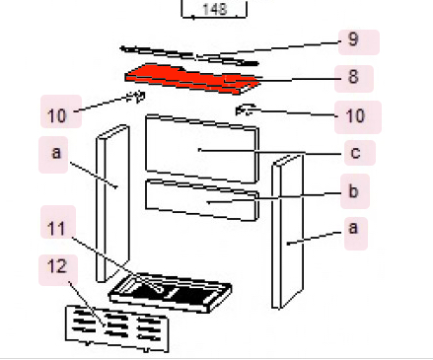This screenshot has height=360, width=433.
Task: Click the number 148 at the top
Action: coord(215,9)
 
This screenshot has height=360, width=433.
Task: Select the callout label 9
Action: coord(359,42)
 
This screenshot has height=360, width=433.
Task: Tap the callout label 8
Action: coord(354,79)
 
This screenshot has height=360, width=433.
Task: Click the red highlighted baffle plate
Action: coord(192,78)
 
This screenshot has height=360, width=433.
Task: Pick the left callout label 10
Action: coord(61,111)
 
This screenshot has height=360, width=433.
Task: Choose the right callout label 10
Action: coord(358,117)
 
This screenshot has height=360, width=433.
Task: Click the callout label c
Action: coord(360,153)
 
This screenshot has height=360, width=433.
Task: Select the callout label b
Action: coord(355,191)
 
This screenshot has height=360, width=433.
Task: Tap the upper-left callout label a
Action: coord(53,155)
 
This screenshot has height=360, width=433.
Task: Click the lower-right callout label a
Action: coord(356,234)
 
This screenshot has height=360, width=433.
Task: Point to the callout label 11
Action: coord(58,222)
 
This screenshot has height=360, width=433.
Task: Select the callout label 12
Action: coord(58,270)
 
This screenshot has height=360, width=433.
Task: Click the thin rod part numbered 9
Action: coord(189,55)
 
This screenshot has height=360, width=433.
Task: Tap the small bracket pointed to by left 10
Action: coord(137,97)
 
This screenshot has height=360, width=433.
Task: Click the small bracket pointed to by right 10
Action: coord(246,109)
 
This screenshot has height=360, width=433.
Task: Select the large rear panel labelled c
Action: coord(202,148)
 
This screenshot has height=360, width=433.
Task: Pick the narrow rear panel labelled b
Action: coord(202,200)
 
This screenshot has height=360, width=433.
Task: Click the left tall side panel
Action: coord(112,203)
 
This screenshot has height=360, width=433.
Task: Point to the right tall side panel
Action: coord(287,232)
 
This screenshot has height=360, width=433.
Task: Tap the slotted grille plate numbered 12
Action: coord(117,328)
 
